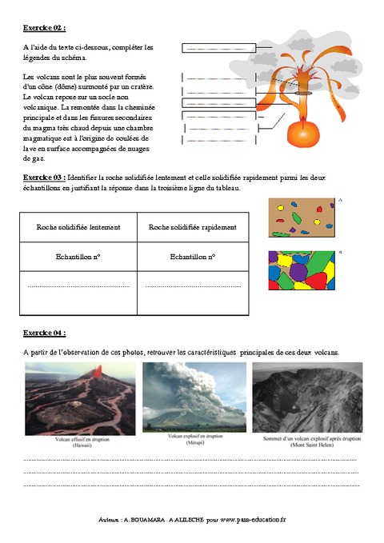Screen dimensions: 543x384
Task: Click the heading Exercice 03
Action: coord(45,177)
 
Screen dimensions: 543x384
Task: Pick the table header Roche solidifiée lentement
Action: coord(78,227)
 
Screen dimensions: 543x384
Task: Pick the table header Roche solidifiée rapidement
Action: coord(193,227)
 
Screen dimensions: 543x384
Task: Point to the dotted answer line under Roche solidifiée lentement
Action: coord(78,285)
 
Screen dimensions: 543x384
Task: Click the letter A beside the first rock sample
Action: coord(340,200)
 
